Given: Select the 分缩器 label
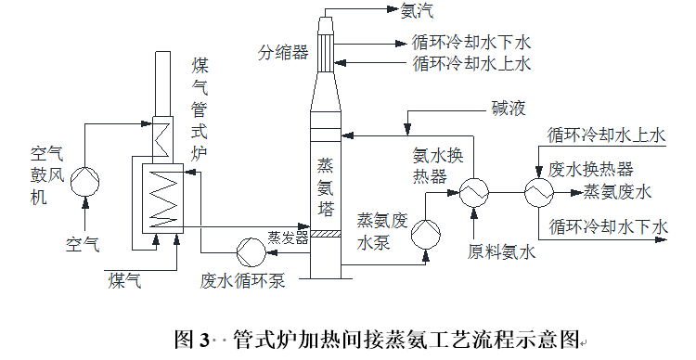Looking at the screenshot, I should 283,52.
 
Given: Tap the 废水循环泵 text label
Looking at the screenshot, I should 244,279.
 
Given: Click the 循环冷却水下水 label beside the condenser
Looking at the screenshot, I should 470,43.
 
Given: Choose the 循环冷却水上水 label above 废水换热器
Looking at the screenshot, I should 607,135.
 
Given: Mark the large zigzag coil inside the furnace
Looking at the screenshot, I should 165,197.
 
